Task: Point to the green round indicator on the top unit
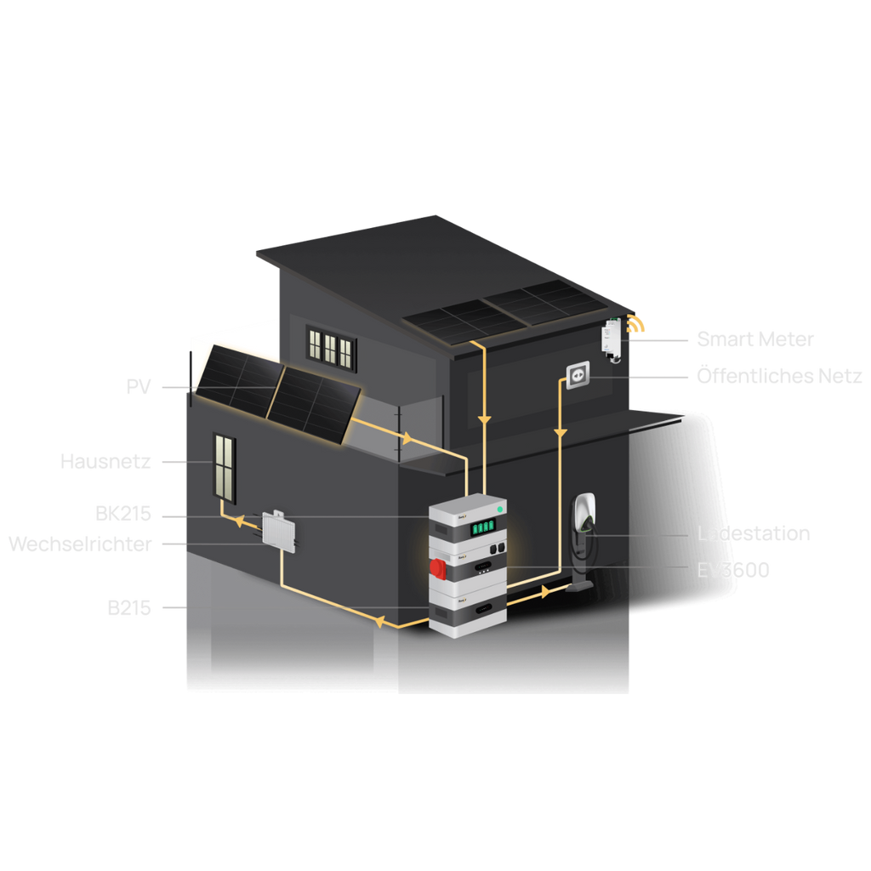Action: pyautogui.click(x=499, y=509)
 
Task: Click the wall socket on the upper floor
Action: pyautogui.click(x=578, y=374)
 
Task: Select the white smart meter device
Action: pyautogui.click(x=612, y=338)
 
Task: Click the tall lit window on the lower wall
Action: pyautogui.click(x=225, y=467)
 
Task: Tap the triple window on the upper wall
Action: pyautogui.click(x=330, y=347)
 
